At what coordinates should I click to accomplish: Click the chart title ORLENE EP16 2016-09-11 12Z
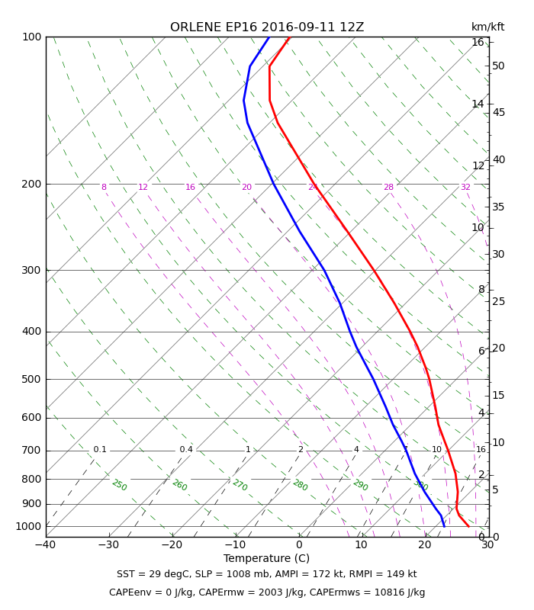point(267,27)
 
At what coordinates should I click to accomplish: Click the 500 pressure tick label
point(31,380)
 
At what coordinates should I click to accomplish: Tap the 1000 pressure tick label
point(28,526)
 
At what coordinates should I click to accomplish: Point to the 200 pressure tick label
point(31,184)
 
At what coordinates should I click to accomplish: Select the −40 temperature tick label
point(45,545)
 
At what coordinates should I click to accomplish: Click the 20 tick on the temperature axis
point(424,545)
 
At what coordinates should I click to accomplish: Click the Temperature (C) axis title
point(266,559)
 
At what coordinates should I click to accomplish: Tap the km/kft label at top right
point(487,27)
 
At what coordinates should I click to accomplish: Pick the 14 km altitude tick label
point(478,104)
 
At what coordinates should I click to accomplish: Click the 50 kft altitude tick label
point(498,66)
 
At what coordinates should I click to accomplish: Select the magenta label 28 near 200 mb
point(388,188)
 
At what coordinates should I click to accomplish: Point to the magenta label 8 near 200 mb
point(104,188)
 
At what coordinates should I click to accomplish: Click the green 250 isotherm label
point(119,485)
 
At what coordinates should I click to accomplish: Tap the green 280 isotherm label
point(300,485)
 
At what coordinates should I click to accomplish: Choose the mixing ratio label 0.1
point(100,450)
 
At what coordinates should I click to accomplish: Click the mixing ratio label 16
point(481,450)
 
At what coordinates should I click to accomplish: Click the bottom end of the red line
point(468,526)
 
